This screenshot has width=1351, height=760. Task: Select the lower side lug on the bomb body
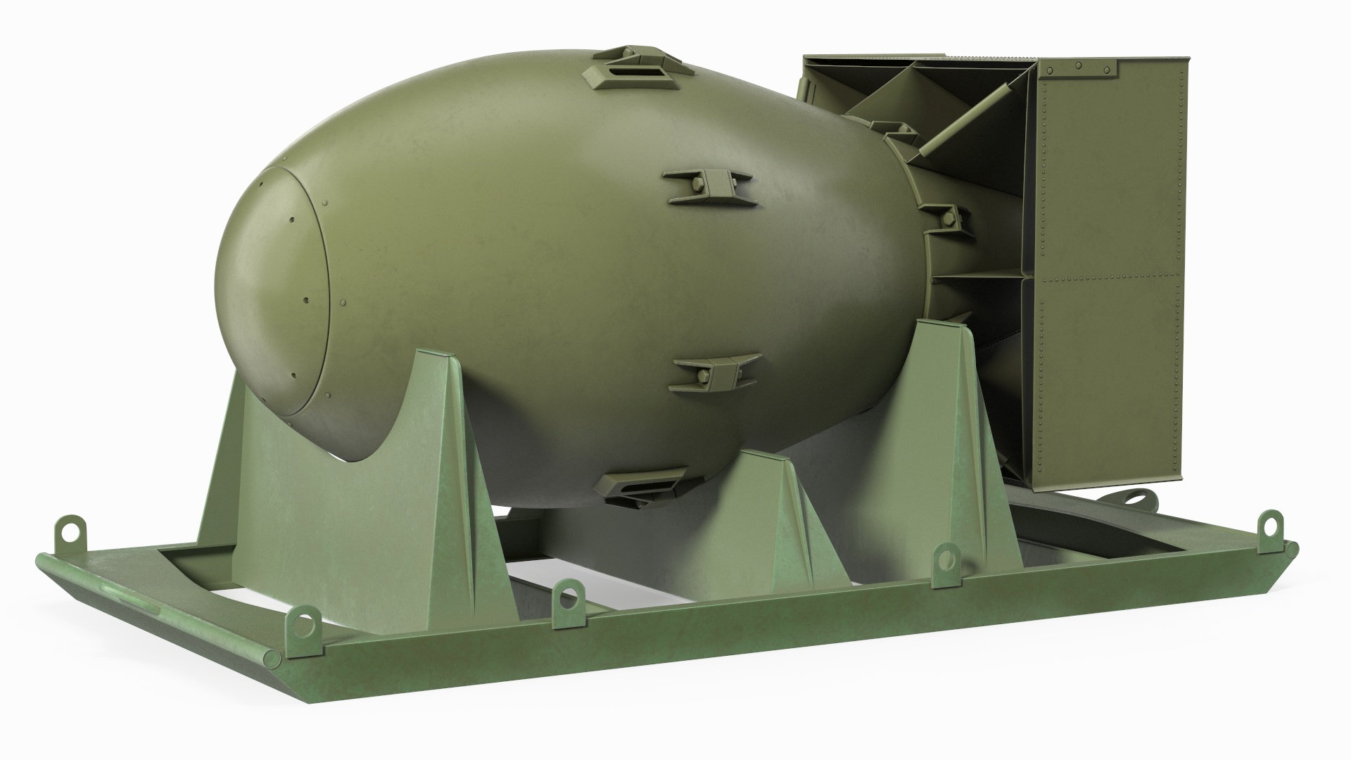pyautogui.click(x=718, y=371)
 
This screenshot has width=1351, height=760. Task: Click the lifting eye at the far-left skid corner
pyautogui.click(x=71, y=528)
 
